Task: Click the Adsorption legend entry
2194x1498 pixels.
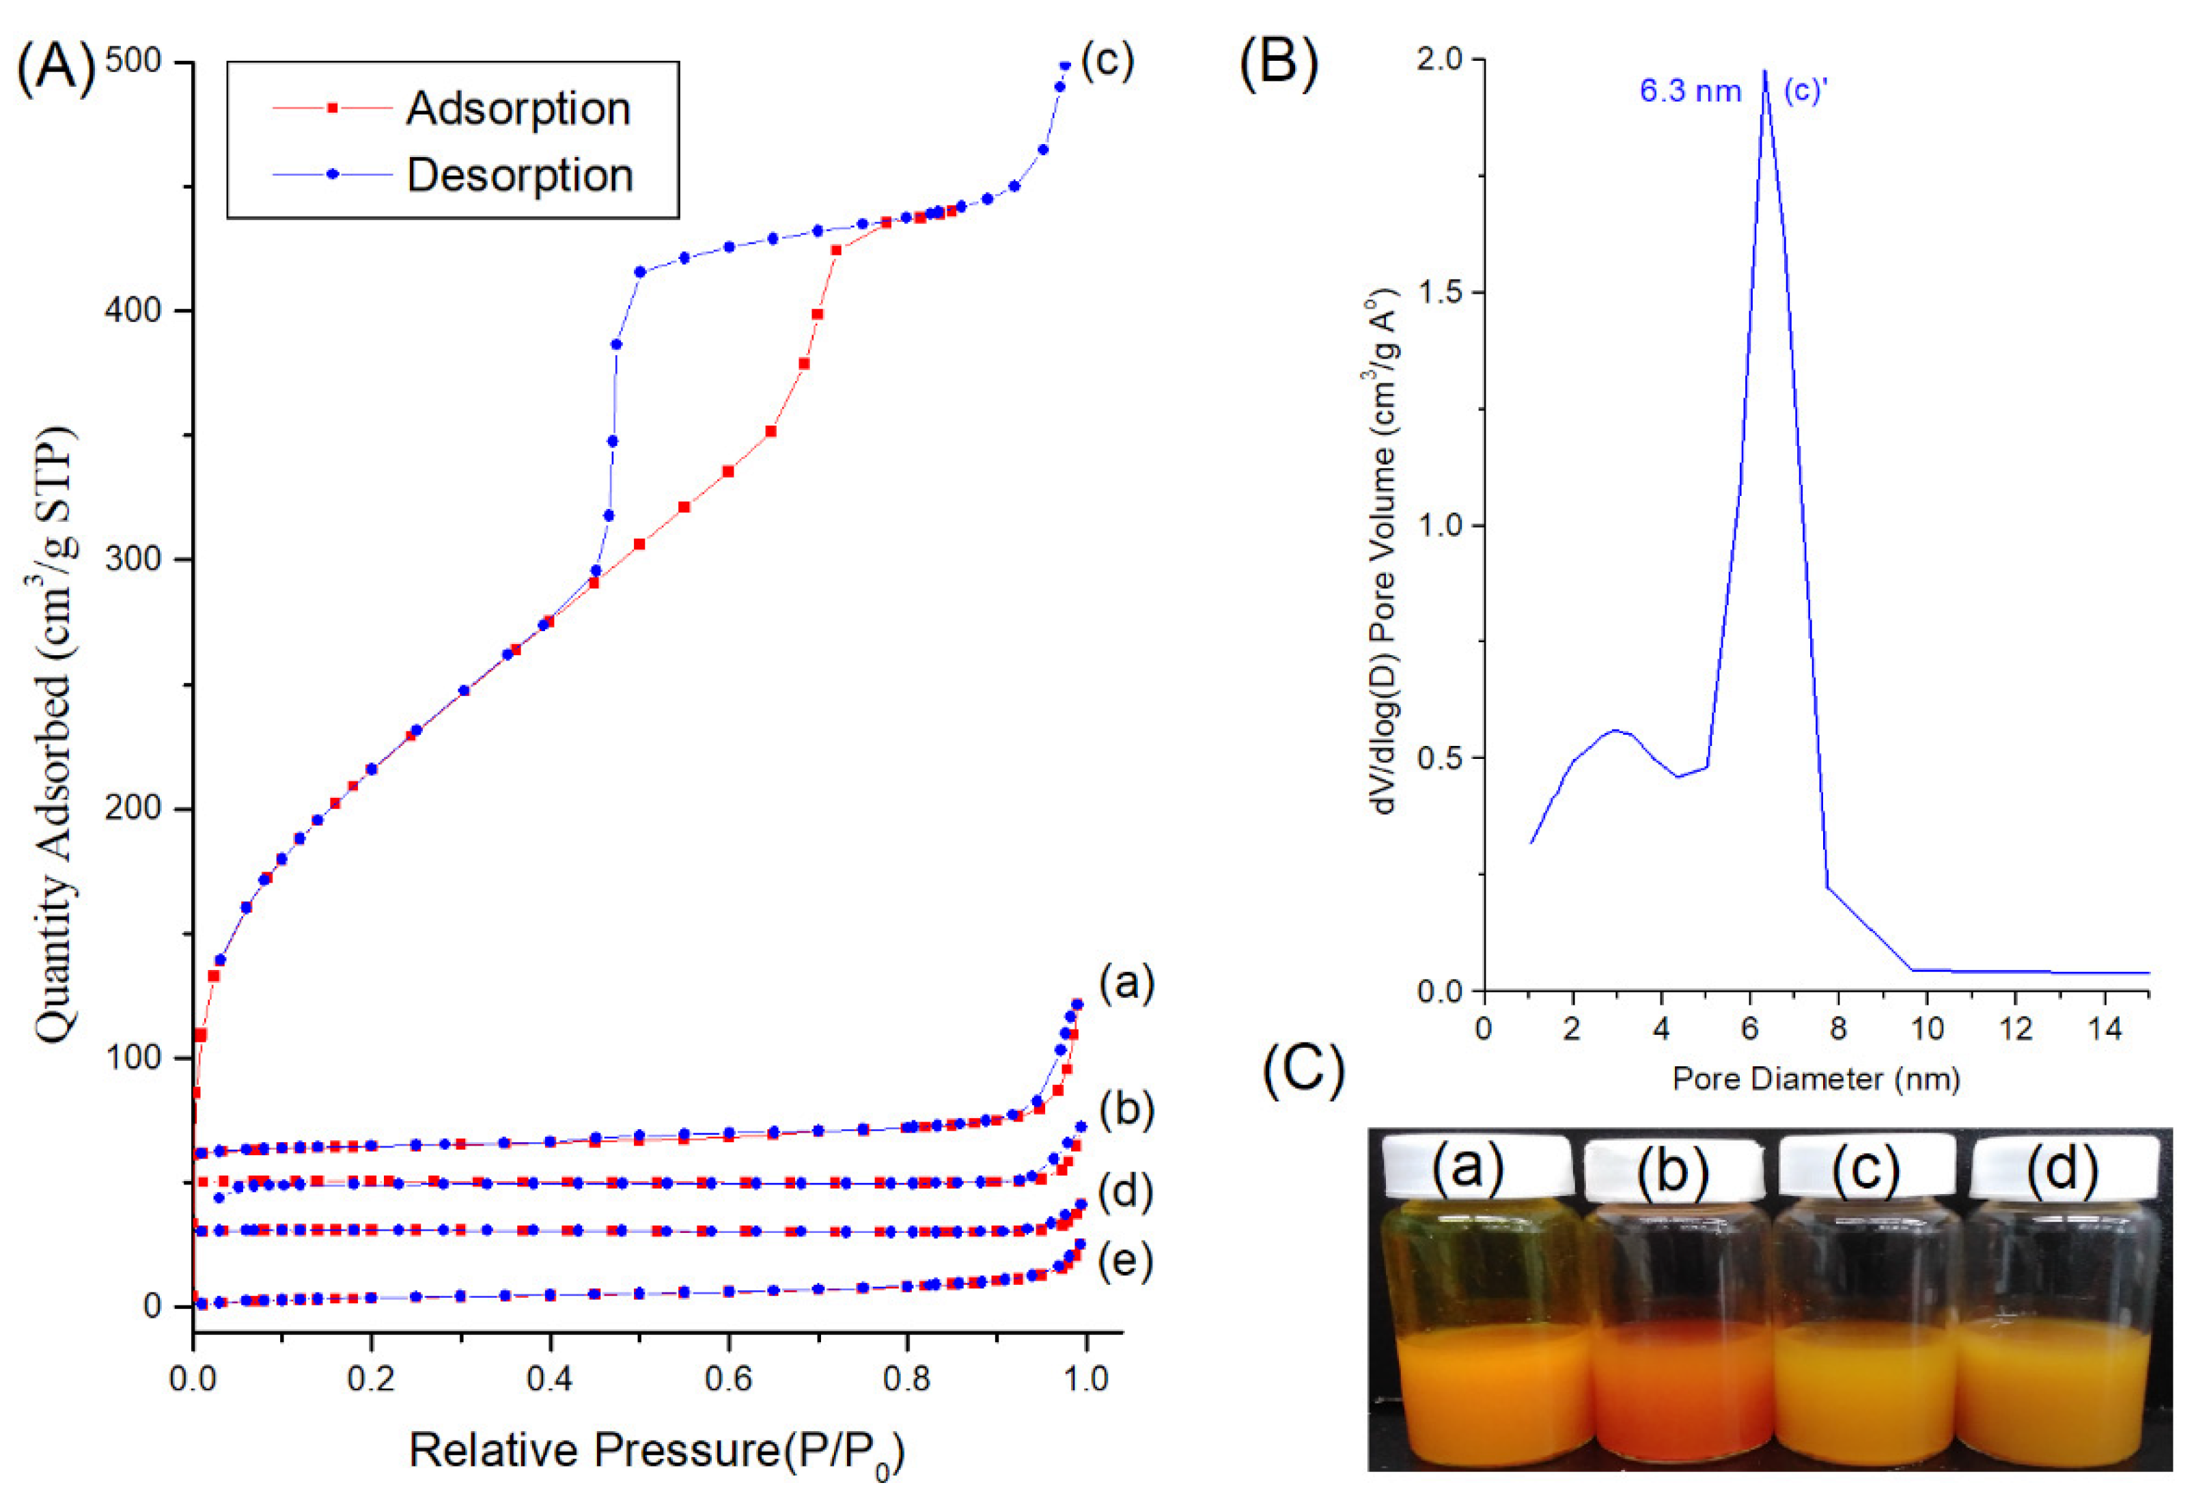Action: tap(517, 109)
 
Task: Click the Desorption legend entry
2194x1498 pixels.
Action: tap(519, 176)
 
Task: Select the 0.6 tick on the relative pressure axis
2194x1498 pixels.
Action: tap(728, 1378)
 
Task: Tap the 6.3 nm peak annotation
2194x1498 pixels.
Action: tap(1689, 92)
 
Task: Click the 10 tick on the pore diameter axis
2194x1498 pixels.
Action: tap(1927, 1029)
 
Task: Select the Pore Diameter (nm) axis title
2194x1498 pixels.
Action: tap(1816, 1078)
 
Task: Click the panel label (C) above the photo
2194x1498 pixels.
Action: tap(1303, 1071)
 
